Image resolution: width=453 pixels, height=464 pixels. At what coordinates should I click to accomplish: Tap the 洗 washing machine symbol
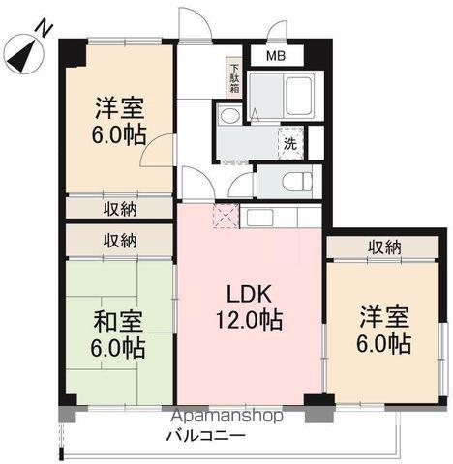pyautogui.click(x=290, y=142)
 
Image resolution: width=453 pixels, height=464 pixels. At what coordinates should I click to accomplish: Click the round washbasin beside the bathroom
pyautogui.click(x=229, y=117)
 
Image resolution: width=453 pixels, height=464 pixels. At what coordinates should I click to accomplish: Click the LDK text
pyautogui.click(x=248, y=293)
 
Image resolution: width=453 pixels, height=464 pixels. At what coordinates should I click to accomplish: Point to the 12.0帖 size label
pyautogui.click(x=248, y=319)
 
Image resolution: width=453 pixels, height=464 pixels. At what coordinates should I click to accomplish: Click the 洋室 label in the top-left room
pyautogui.click(x=119, y=105)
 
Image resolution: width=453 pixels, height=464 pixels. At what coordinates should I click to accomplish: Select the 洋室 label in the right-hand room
pyautogui.click(x=383, y=317)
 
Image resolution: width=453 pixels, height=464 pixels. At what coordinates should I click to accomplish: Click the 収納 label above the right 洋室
pyautogui.click(x=383, y=247)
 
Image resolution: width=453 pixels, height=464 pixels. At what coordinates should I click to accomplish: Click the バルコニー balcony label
pyautogui.click(x=209, y=435)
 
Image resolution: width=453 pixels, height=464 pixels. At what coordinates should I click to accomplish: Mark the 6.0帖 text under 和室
pyautogui.click(x=119, y=345)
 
